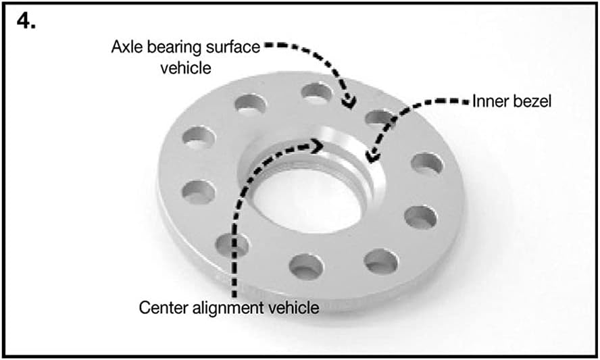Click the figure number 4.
[x=26, y=21]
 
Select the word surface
[x=233, y=47]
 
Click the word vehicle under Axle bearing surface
[x=186, y=68]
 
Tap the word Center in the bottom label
[x=164, y=307]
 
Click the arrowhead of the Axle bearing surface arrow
[x=349, y=103]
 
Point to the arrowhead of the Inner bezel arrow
[x=372, y=157]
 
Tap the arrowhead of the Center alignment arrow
[x=318, y=146]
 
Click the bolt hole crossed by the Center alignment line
[x=232, y=245]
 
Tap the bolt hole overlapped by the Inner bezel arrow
[x=380, y=119]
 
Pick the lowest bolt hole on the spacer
[x=305, y=266]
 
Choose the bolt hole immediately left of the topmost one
[x=250, y=105]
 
